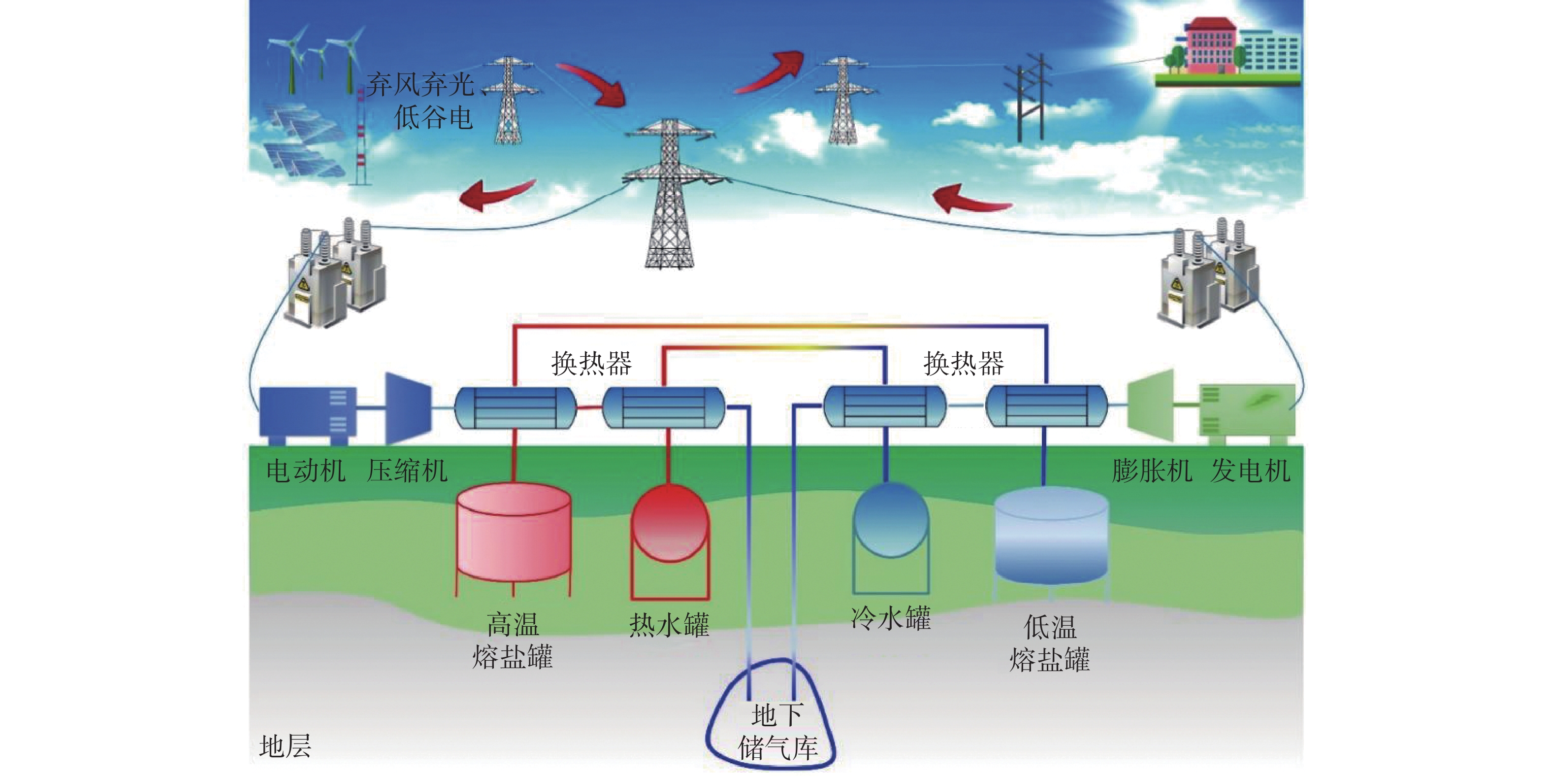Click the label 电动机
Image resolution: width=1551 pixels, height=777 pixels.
[x=306, y=471]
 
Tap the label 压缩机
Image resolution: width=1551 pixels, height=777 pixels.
[x=408, y=471]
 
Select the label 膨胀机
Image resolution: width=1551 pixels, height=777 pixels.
[x=1152, y=471]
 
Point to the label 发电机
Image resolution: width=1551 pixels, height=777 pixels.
[x=1251, y=471]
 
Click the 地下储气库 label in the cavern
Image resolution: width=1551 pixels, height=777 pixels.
[x=777, y=732]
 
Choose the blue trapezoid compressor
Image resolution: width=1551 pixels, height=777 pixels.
[x=408, y=408]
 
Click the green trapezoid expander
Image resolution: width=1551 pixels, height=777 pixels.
[x=1151, y=405]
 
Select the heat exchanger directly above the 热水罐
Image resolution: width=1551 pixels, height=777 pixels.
[x=664, y=407]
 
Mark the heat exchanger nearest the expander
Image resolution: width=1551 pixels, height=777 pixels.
[x=1046, y=406]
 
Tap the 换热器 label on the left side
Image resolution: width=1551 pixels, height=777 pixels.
[x=591, y=363]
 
